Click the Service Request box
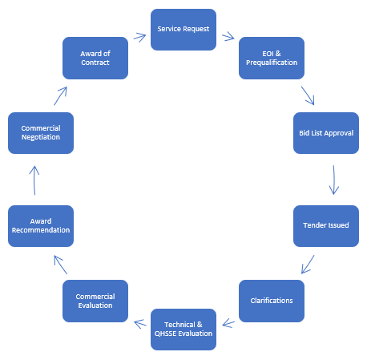[183, 30]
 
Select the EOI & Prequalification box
[272, 58]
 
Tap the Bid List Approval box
[326, 133]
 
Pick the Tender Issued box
[326, 226]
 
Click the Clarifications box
[272, 301]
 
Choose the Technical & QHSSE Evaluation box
[183, 330]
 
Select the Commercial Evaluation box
[95, 301]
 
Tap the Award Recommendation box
[41, 226]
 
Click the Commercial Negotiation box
[41, 133]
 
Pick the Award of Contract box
[95, 58]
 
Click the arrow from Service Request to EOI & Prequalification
[228, 37]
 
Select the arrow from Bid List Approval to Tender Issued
[333, 180]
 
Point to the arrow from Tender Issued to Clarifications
[308, 265]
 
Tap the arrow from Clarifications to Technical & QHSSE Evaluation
[228, 323]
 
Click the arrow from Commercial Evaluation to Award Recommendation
[61, 265]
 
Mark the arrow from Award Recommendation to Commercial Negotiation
[34, 180]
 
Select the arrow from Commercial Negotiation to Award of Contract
[60, 95]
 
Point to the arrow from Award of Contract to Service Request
[139, 37]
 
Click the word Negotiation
[41, 137]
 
